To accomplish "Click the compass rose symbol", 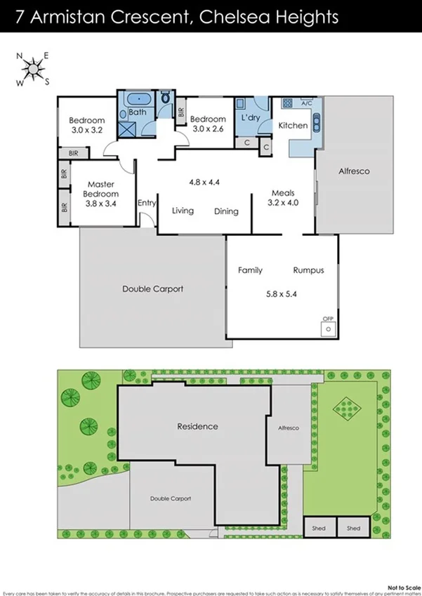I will [x=32, y=69].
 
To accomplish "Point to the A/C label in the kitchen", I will [x=306, y=103].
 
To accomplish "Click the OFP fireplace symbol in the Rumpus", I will [x=328, y=328].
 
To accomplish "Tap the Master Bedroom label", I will [x=101, y=189].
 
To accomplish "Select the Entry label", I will [x=147, y=203].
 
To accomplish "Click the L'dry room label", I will [x=251, y=120].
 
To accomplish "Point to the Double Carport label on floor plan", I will [x=152, y=289].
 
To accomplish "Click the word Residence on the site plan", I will [x=197, y=426].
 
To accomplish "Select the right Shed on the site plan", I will [x=353, y=528].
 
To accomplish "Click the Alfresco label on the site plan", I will [x=289, y=428].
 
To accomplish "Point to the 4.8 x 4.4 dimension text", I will [x=204, y=182].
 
